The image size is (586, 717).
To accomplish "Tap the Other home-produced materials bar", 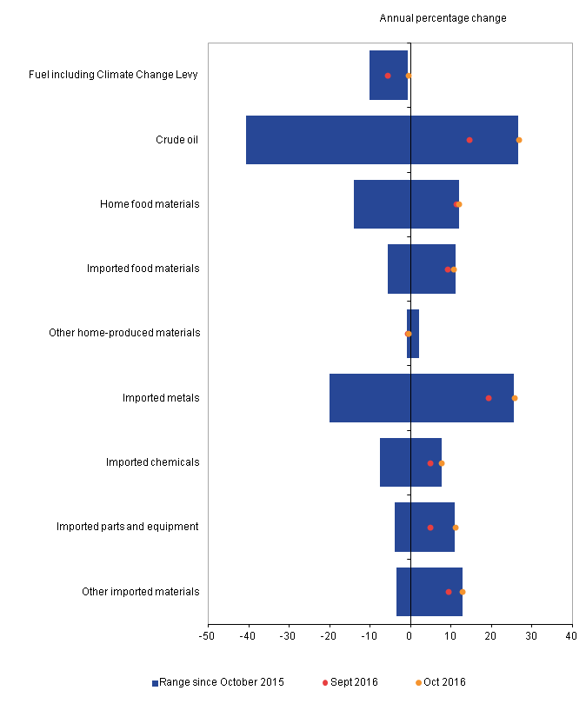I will [413, 334].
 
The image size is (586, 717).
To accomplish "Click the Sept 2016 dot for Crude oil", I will [469, 140].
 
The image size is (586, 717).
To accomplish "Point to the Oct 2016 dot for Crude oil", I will [519, 140].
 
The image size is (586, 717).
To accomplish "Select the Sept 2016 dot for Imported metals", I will [489, 398].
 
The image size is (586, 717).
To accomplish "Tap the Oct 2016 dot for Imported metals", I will [515, 398].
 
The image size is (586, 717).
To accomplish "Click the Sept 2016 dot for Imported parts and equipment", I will [430, 528].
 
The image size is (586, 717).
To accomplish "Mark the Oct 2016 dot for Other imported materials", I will [463, 592].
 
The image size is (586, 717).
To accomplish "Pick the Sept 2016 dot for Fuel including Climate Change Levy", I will [388, 76].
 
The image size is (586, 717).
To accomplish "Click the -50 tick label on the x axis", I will [208, 637].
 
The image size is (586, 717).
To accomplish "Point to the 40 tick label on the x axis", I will [571, 637].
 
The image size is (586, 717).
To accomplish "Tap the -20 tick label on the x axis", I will [329, 637].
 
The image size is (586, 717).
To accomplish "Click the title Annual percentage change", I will [443, 18].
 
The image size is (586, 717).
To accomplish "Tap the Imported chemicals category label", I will [152, 462].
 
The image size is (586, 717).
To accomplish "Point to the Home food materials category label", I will [150, 204].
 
